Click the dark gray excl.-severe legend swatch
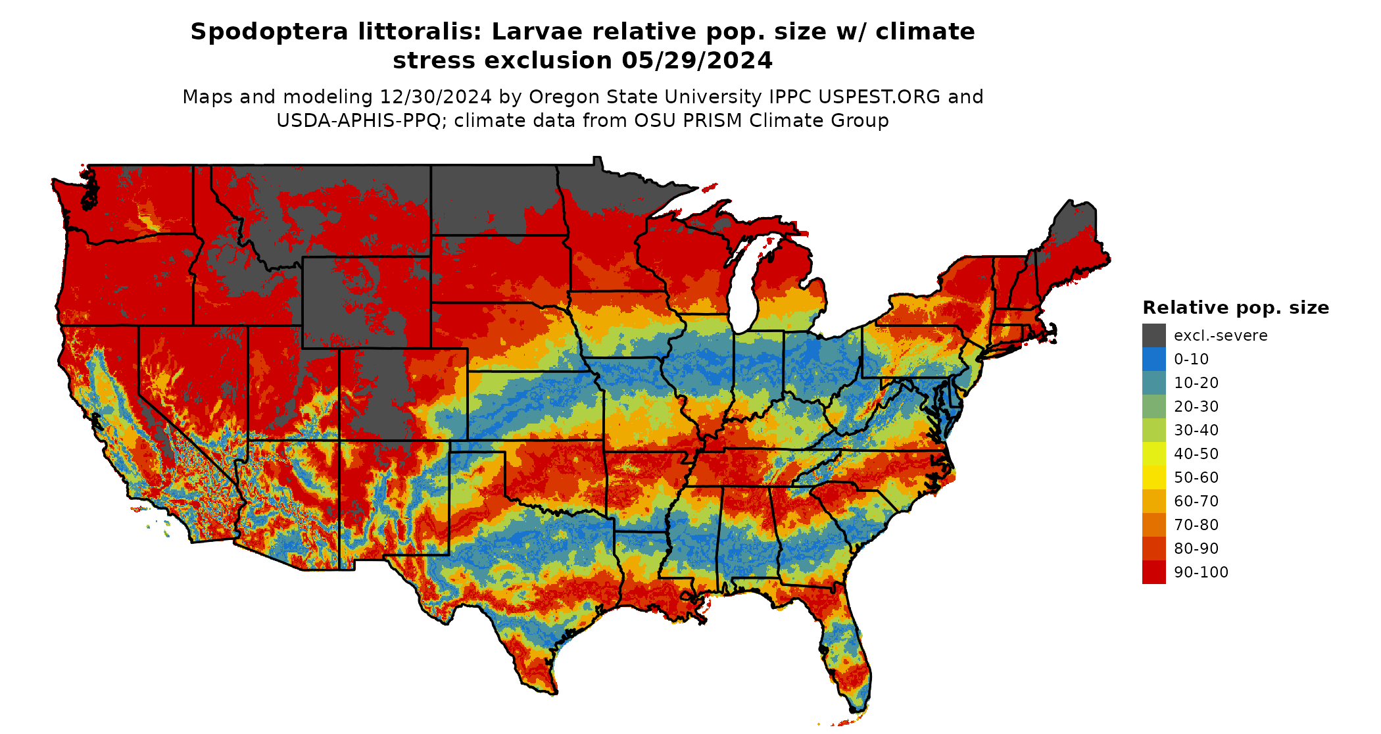[x=1153, y=335]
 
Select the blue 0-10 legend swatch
[x=1153, y=359]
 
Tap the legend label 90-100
[x=1201, y=572]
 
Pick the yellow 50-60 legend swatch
[x=1153, y=477]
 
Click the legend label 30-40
[x=1196, y=430]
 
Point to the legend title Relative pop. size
[x=1235, y=308]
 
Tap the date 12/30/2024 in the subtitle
[x=435, y=97]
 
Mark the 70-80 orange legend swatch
[x=1153, y=525]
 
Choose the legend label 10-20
[x=1196, y=383]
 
